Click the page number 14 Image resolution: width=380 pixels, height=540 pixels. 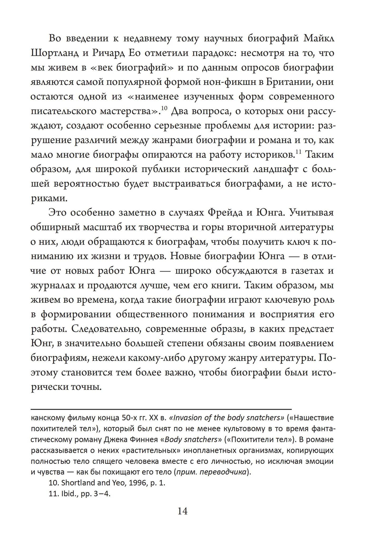pos(182,511)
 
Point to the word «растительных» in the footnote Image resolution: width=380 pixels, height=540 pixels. pos(155,451)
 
